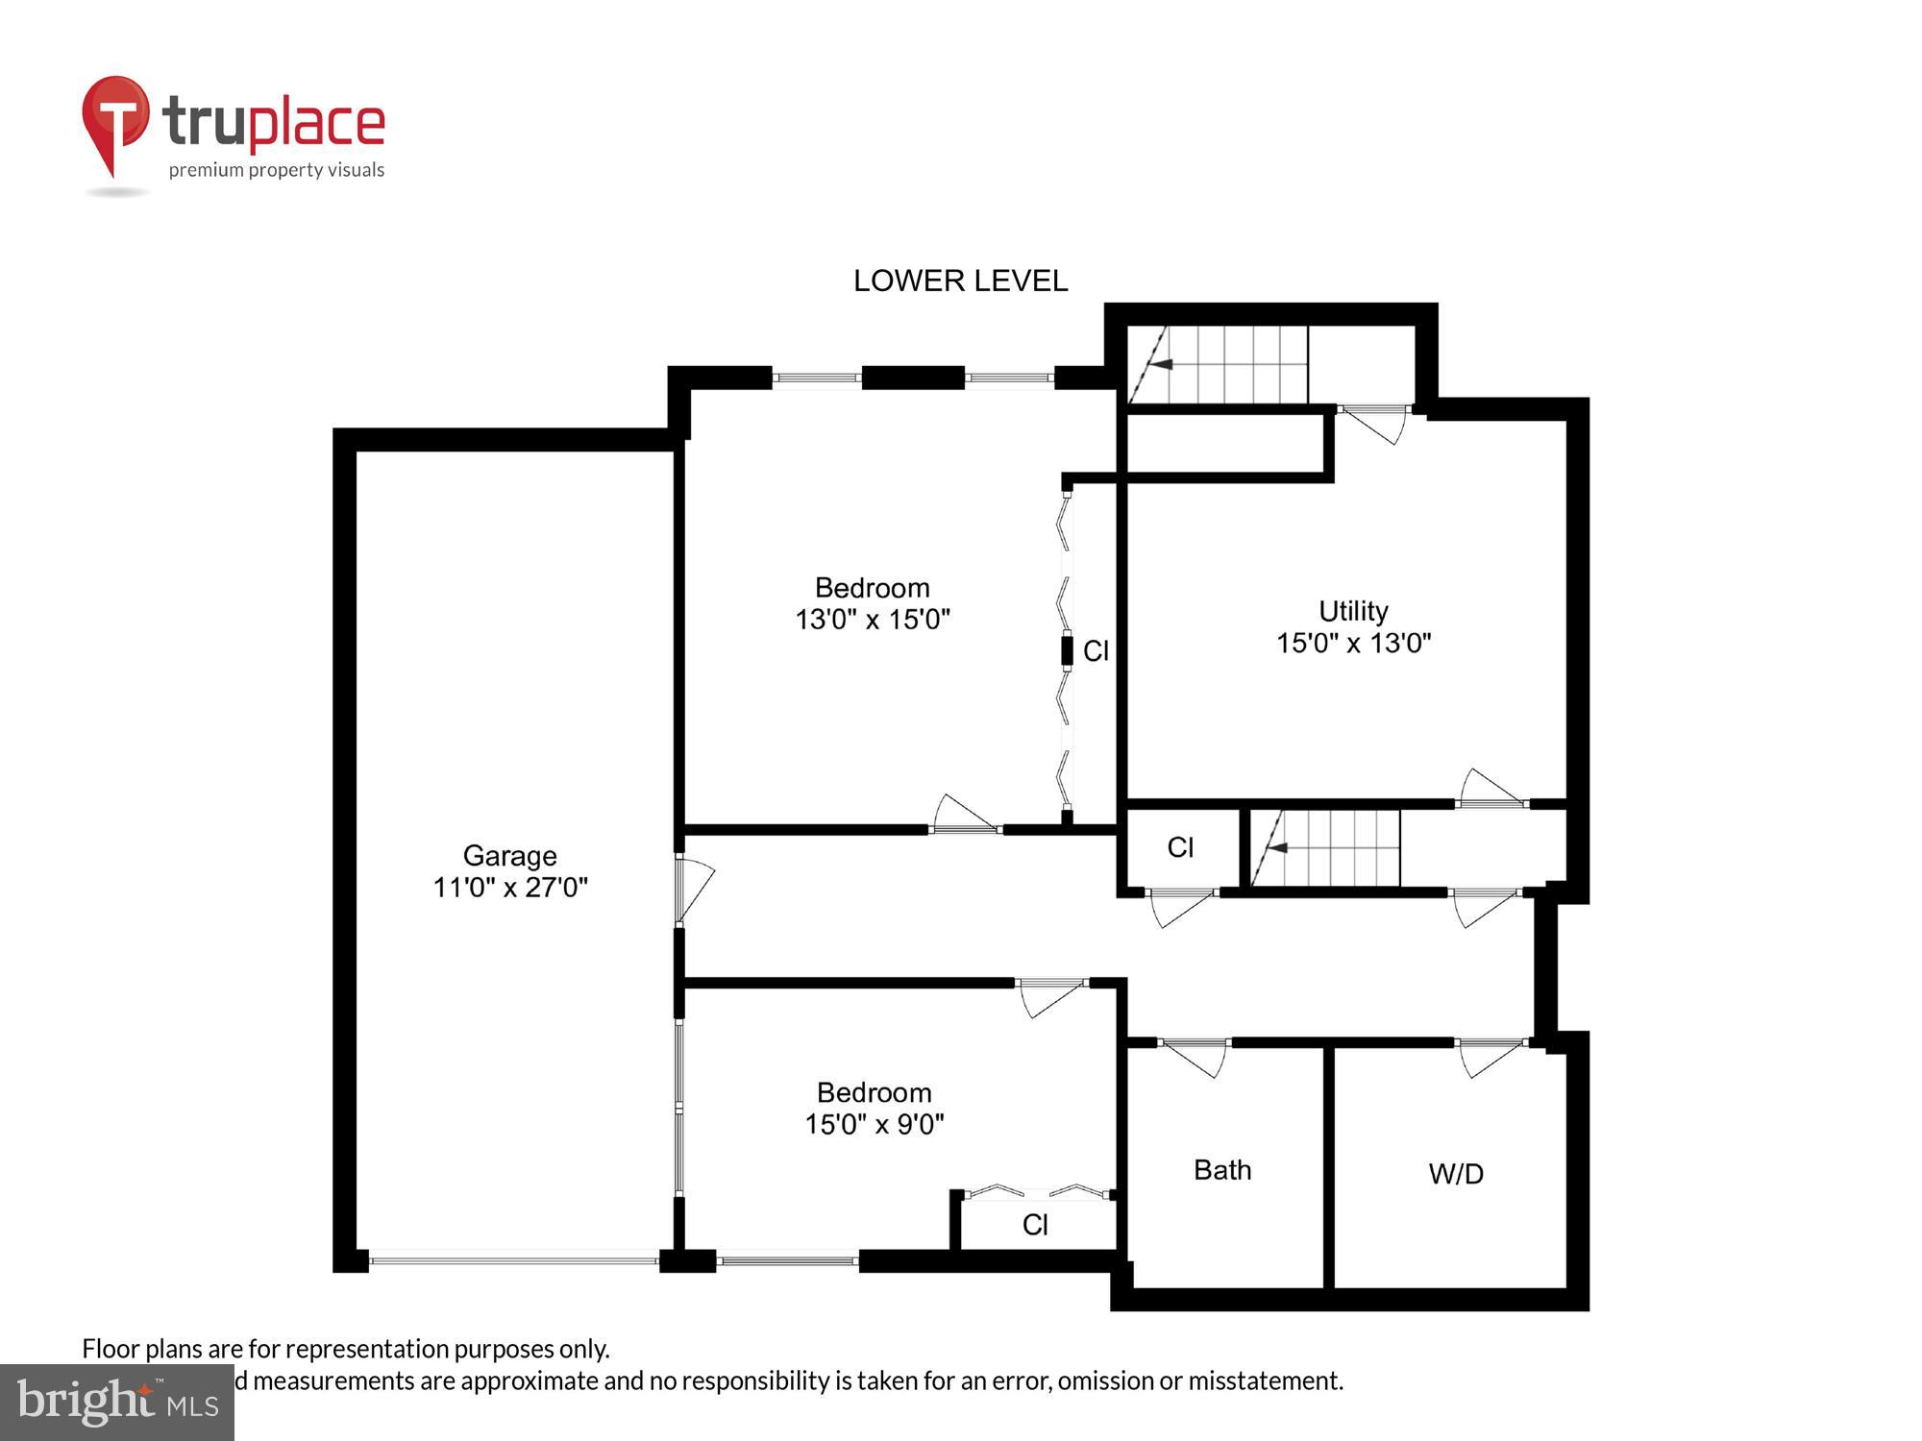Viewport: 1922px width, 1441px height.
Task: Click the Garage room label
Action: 509,855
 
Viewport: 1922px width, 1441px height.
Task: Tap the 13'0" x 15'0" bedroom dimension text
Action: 873,620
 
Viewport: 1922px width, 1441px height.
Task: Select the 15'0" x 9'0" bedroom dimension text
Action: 875,1124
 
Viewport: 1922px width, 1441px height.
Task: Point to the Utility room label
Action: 1353,611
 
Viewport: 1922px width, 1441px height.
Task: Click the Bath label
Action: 1222,1170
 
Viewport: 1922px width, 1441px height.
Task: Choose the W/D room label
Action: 1456,1174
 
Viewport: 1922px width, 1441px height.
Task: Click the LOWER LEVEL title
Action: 960,281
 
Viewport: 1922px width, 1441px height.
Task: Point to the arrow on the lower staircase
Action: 1275,847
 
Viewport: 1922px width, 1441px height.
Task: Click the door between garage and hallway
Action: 694,889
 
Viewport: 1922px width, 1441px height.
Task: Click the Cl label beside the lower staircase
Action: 1180,847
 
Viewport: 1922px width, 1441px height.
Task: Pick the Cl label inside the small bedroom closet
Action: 1035,1225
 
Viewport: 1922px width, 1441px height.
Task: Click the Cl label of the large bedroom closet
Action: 1096,651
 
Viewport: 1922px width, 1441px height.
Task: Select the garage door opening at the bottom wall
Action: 514,1259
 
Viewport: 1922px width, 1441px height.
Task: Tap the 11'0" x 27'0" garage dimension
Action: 509,887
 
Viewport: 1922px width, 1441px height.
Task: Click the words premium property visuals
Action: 277,171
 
